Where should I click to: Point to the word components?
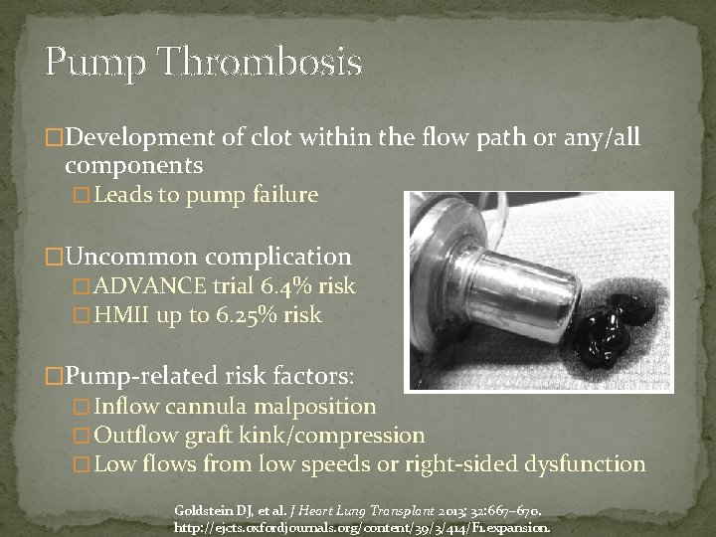coord(134,165)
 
